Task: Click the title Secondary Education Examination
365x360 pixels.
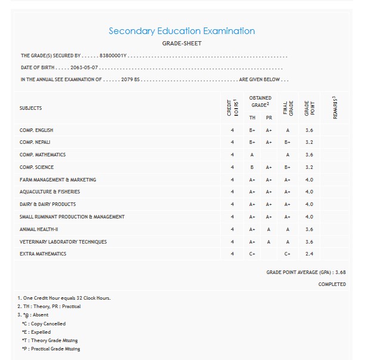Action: tap(181, 31)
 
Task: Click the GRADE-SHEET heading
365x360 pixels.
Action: tap(181, 44)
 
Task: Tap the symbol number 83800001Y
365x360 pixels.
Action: tap(113, 56)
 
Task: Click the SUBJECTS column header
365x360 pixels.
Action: tap(31, 108)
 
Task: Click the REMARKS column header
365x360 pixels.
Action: tap(335, 107)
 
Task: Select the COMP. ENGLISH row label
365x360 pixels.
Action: tap(36, 130)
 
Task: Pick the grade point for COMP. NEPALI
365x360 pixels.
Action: tap(309, 143)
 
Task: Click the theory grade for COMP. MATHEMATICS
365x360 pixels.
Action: tap(252, 155)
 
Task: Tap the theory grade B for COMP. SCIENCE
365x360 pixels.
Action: tap(252, 167)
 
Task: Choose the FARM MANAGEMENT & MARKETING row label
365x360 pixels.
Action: tap(58, 180)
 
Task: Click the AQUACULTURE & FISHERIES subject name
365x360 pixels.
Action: tap(50, 192)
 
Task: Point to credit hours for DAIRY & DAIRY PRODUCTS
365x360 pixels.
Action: tap(232, 204)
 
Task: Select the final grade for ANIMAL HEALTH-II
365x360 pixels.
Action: tap(287, 229)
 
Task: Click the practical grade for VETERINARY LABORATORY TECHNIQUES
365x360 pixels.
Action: tap(269, 242)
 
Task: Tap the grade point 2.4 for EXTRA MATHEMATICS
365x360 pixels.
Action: tap(309, 254)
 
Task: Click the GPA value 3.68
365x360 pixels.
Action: tap(341, 272)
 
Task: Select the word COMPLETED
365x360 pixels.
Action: tap(332, 284)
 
